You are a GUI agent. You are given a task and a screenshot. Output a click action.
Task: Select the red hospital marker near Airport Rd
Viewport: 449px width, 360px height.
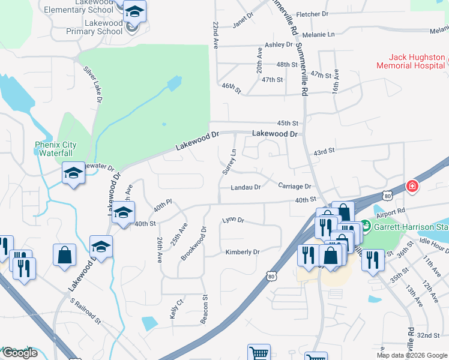412,186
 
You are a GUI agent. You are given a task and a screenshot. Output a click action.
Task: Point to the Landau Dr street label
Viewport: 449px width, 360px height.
246,187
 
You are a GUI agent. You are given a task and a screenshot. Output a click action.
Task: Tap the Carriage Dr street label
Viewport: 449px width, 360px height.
294,187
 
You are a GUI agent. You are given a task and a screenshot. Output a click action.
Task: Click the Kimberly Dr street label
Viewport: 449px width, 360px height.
242,252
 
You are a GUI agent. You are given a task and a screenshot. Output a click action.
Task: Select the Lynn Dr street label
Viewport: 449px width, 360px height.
233,220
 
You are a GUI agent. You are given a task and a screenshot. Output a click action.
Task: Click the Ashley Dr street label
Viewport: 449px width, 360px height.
279,45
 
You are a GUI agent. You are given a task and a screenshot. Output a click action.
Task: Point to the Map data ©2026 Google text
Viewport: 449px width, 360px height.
411,355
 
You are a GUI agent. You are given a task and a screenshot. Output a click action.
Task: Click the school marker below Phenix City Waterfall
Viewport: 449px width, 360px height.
74,173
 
